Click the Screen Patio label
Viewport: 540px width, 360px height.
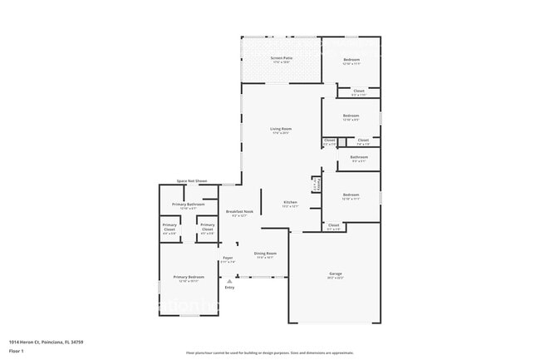tap(281, 58)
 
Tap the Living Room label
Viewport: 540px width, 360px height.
tap(281, 129)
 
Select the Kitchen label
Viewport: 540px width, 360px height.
tap(291, 203)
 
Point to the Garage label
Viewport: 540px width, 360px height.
tap(336, 274)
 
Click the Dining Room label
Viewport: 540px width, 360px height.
tap(266, 254)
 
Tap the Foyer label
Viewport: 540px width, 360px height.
tap(228, 259)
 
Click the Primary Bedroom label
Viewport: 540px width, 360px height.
tap(189, 277)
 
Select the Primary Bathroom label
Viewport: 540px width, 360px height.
tap(189, 205)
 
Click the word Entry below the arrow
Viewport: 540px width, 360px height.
tap(229, 288)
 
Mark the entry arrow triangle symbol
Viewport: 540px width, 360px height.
tap(229, 281)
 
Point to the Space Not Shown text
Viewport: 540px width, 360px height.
tap(192, 181)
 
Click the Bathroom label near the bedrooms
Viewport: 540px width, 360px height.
tap(359, 157)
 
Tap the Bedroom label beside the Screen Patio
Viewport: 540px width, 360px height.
tap(351, 60)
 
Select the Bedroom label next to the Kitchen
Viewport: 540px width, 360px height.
tap(351, 195)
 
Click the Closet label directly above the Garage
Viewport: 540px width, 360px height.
tap(334, 225)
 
